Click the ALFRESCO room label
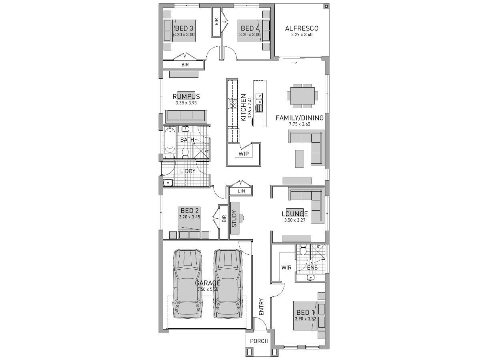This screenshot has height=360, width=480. (x=302, y=28)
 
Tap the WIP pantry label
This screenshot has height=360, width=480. (x=244, y=154)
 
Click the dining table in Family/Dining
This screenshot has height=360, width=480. (x=302, y=96)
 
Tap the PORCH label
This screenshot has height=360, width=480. (x=259, y=341)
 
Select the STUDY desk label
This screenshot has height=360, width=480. (x=234, y=219)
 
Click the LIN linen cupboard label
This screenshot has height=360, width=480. (x=241, y=192)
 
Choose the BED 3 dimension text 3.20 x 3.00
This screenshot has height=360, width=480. (x=184, y=35)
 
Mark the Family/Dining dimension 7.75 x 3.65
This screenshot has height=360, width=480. (x=300, y=124)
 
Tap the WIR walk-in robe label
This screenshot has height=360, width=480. (x=286, y=267)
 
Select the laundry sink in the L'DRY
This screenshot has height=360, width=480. (x=168, y=183)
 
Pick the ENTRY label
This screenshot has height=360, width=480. (x=261, y=307)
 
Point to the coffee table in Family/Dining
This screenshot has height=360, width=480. (x=300, y=158)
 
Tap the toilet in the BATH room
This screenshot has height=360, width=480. (x=185, y=152)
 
